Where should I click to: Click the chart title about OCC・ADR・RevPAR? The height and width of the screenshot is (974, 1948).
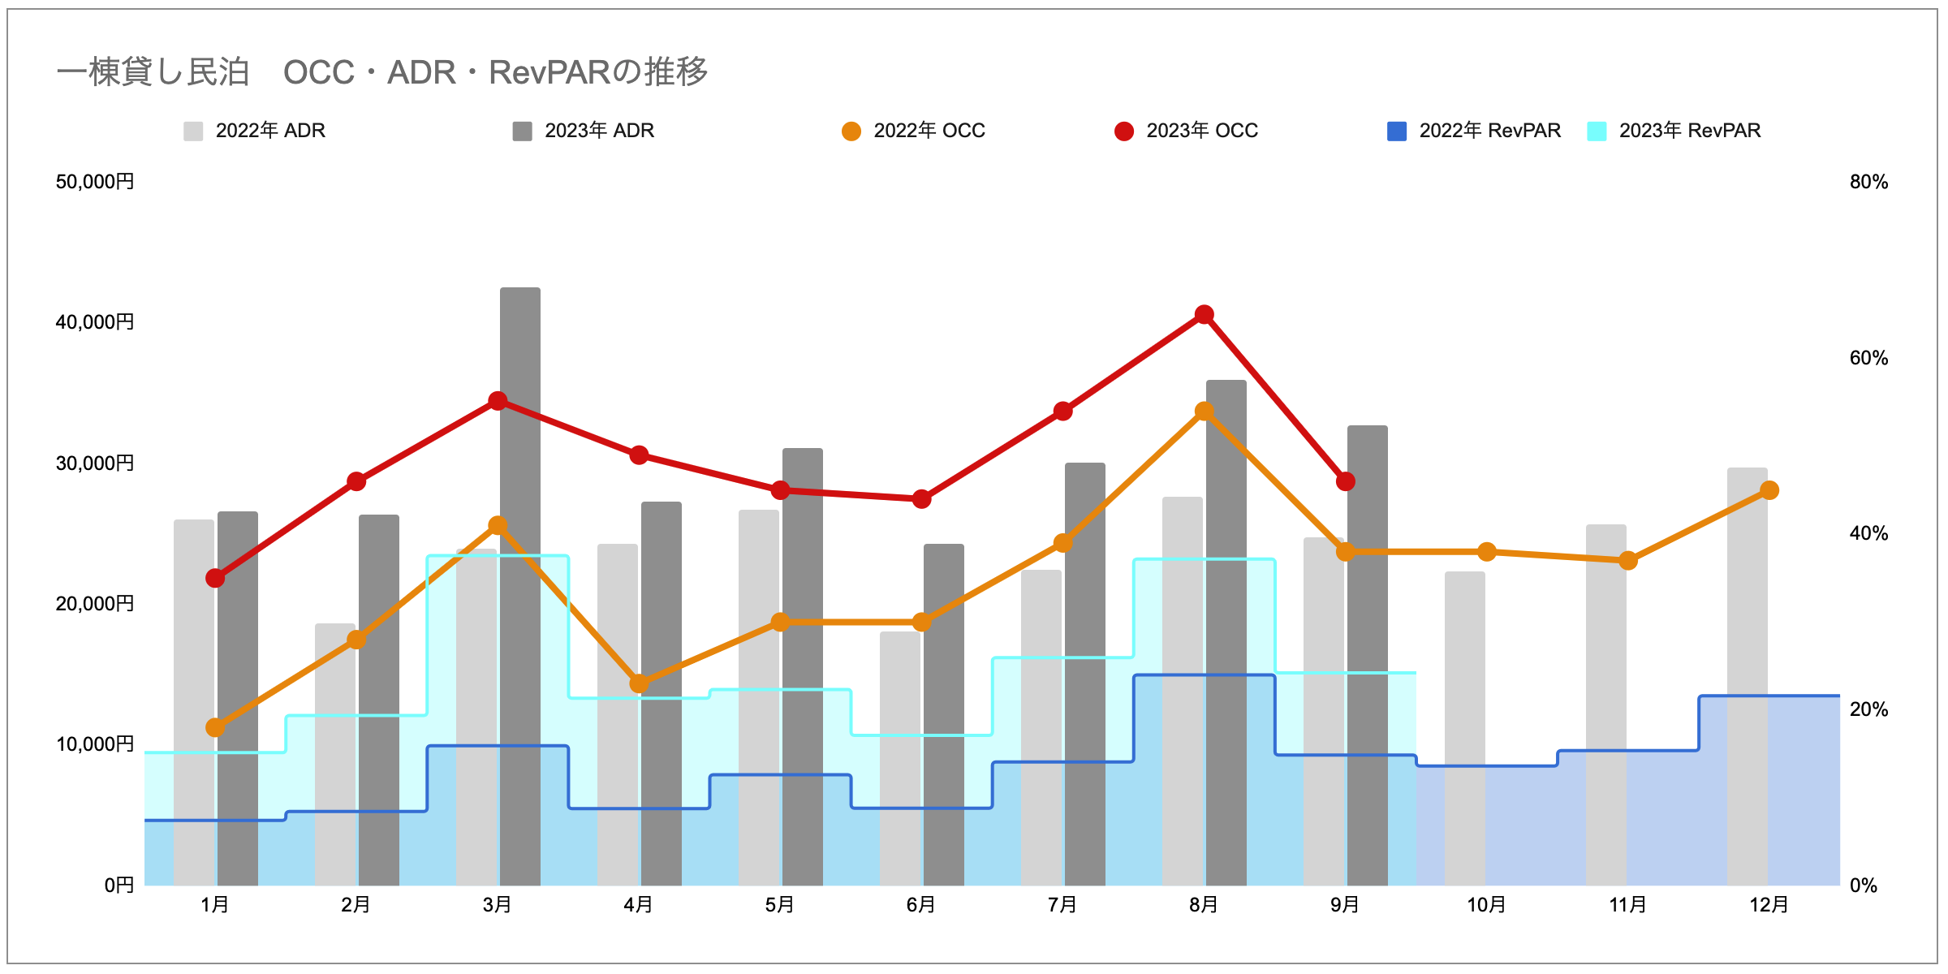point(381,72)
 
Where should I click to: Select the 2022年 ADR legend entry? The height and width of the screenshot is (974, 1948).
point(255,131)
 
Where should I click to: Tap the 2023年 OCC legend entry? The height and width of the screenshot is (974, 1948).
point(1187,131)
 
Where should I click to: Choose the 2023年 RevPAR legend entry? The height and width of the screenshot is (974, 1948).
point(1674,131)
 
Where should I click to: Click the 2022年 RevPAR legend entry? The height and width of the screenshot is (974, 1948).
point(1474,131)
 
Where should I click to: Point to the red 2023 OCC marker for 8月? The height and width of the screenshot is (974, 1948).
point(1205,315)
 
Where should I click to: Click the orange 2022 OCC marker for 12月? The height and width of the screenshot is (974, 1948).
point(1769,490)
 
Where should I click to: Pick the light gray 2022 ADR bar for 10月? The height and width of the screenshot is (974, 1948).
point(1465,666)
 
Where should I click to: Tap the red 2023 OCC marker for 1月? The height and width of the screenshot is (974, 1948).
point(215,578)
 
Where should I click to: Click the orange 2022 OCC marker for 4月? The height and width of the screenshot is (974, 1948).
point(640,683)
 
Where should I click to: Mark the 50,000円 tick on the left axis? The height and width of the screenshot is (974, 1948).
point(95,182)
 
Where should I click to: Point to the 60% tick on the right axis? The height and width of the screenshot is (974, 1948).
point(1868,358)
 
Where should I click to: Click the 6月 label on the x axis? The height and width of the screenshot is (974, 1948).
point(921,905)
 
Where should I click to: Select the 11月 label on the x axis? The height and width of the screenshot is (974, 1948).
point(1627,905)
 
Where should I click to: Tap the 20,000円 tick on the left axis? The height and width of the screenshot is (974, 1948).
point(95,604)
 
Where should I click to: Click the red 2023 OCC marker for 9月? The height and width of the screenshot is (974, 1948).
point(1346,481)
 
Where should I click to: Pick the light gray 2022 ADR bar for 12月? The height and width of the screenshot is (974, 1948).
point(1748,584)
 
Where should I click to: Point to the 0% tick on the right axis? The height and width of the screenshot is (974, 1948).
point(1864,886)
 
